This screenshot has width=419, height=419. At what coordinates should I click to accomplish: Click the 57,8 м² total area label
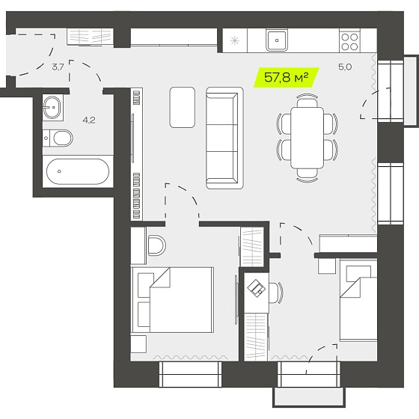286,78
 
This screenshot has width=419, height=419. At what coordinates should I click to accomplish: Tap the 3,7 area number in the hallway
58,67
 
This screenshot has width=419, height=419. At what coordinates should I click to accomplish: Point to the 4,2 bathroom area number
89,120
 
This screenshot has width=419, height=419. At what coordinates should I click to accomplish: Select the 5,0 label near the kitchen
345,67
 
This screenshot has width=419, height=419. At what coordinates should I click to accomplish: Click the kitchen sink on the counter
277,40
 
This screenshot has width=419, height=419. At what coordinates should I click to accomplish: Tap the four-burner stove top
350,42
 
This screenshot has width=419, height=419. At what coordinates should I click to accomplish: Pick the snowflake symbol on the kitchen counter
235,40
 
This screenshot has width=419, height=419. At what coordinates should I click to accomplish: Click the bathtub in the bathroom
78,171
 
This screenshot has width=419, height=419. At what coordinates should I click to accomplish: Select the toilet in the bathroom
58,138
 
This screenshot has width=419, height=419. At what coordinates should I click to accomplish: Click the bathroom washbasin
52,108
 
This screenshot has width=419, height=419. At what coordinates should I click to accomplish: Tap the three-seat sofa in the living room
224,138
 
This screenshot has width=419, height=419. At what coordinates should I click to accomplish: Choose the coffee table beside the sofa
183,107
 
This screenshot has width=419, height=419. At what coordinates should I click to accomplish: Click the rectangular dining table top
308,138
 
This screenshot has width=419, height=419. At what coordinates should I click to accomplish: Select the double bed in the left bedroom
173,300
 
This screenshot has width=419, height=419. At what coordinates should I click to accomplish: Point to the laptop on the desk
257,288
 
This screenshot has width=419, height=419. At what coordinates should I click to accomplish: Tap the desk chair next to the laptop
276,293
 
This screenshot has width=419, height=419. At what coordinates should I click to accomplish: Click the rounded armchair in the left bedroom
156,245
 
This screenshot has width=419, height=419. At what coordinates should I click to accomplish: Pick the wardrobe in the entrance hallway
90,37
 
